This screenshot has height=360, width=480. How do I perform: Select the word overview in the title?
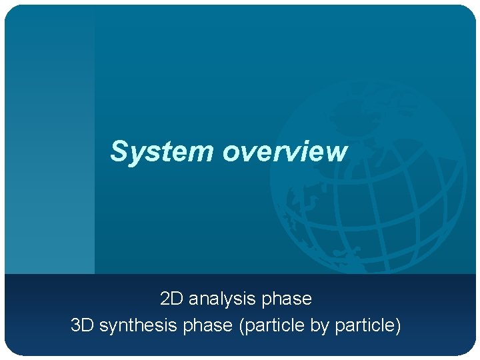point(285,151)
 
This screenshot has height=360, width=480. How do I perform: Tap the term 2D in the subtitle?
point(171,299)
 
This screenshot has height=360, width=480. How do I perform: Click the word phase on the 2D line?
point(287,299)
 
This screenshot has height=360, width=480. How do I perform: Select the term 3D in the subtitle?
point(83,326)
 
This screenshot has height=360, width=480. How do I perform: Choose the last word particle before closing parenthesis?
point(364,326)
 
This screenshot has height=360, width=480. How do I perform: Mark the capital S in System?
point(119,151)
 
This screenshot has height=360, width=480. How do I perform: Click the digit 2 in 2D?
point(165,299)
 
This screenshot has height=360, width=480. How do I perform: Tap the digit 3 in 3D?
point(76,326)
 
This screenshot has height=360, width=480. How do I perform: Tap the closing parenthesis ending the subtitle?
point(398,327)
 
